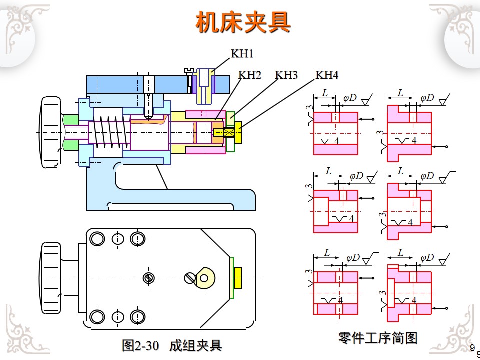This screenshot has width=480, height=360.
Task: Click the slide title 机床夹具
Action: (x=243, y=22)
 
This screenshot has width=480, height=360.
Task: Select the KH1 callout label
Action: (x=242, y=53)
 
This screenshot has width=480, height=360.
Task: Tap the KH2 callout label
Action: (x=250, y=75)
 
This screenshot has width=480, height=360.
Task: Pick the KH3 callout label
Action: (x=286, y=75)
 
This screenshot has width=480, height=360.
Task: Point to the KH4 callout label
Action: (x=327, y=75)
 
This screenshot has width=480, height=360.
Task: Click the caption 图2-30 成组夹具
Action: (x=171, y=345)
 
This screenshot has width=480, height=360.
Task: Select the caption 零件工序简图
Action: (x=377, y=338)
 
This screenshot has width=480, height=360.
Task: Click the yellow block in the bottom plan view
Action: (x=238, y=278)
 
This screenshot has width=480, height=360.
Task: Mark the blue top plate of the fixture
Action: (x=115, y=84)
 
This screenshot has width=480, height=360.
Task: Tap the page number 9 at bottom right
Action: (x=472, y=347)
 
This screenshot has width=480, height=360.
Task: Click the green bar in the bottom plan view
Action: (x=232, y=278)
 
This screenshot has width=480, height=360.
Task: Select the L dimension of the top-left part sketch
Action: (x=325, y=93)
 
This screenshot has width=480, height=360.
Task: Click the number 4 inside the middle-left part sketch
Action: (x=351, y=218)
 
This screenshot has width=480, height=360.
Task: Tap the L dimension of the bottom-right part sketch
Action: (x=400, y=251)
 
